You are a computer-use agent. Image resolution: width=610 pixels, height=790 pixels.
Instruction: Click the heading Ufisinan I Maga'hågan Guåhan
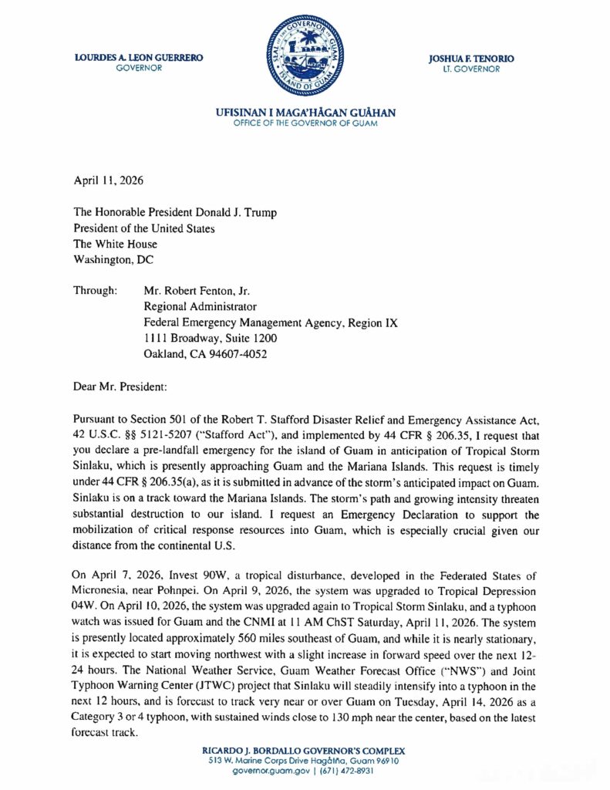pos(306,113)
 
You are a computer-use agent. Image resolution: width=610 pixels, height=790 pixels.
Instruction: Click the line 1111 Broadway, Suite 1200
pos(211,339)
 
